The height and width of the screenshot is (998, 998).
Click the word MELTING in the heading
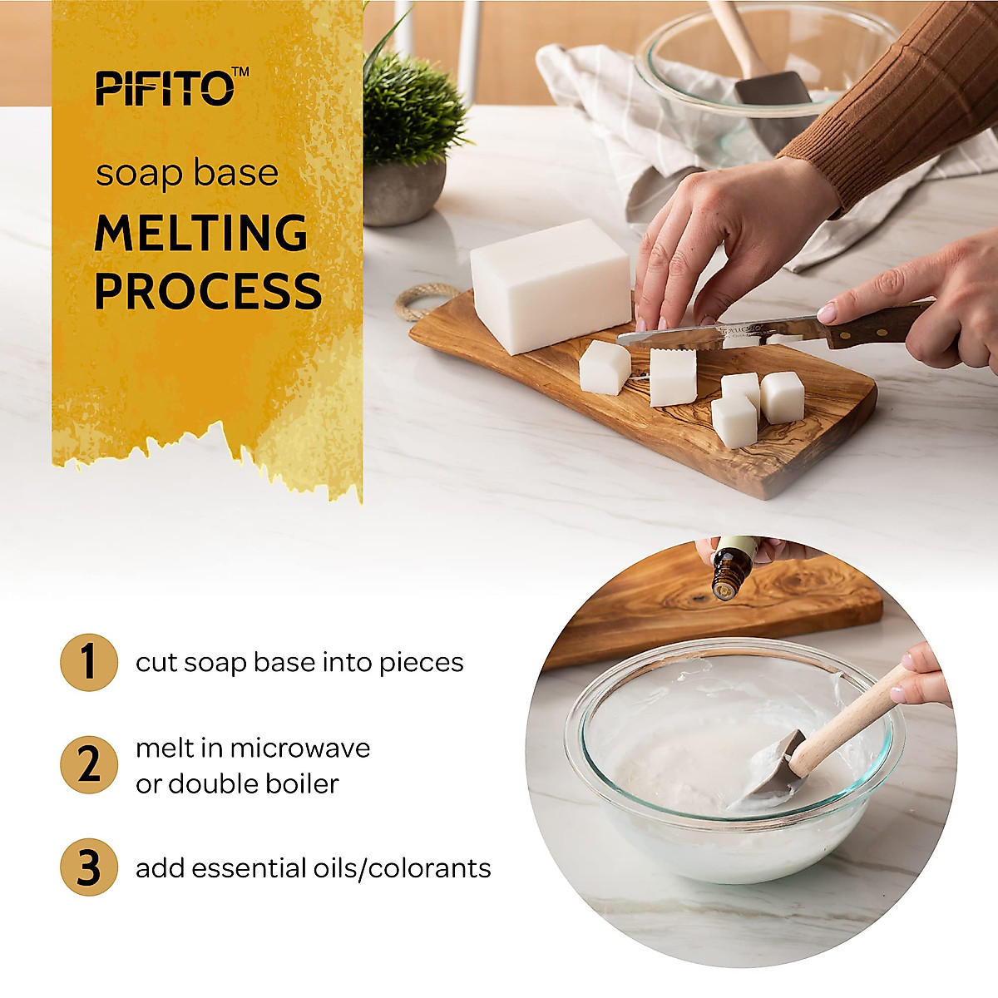(x=201, y=234)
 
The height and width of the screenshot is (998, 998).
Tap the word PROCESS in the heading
(x=208, y=291)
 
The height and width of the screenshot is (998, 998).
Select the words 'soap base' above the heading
(x=186, y=174)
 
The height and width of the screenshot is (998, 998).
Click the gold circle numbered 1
(x=88, y=662)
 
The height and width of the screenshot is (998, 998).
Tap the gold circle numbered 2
(x=88, y=765)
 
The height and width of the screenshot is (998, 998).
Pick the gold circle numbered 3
(x=88, y=867)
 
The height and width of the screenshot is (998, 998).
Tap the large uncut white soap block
(x=549, y=284)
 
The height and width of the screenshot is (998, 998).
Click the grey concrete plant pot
(x=403, y=191)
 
